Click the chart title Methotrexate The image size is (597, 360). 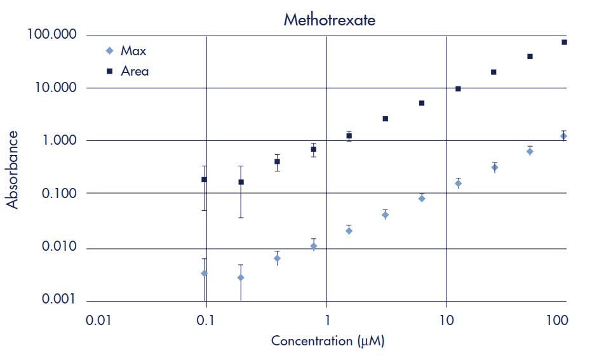329,20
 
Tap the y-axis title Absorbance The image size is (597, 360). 12,170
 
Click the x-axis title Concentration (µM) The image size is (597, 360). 328,341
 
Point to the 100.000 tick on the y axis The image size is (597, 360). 51,34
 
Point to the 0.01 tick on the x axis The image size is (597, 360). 99,321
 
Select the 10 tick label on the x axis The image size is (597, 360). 446,321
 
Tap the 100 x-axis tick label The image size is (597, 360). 556,321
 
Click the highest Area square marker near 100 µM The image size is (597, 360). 564,42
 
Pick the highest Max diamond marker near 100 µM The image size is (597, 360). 563,136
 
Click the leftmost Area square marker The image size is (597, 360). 204,180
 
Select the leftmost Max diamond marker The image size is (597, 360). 204,273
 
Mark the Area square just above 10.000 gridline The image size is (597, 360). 458,89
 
